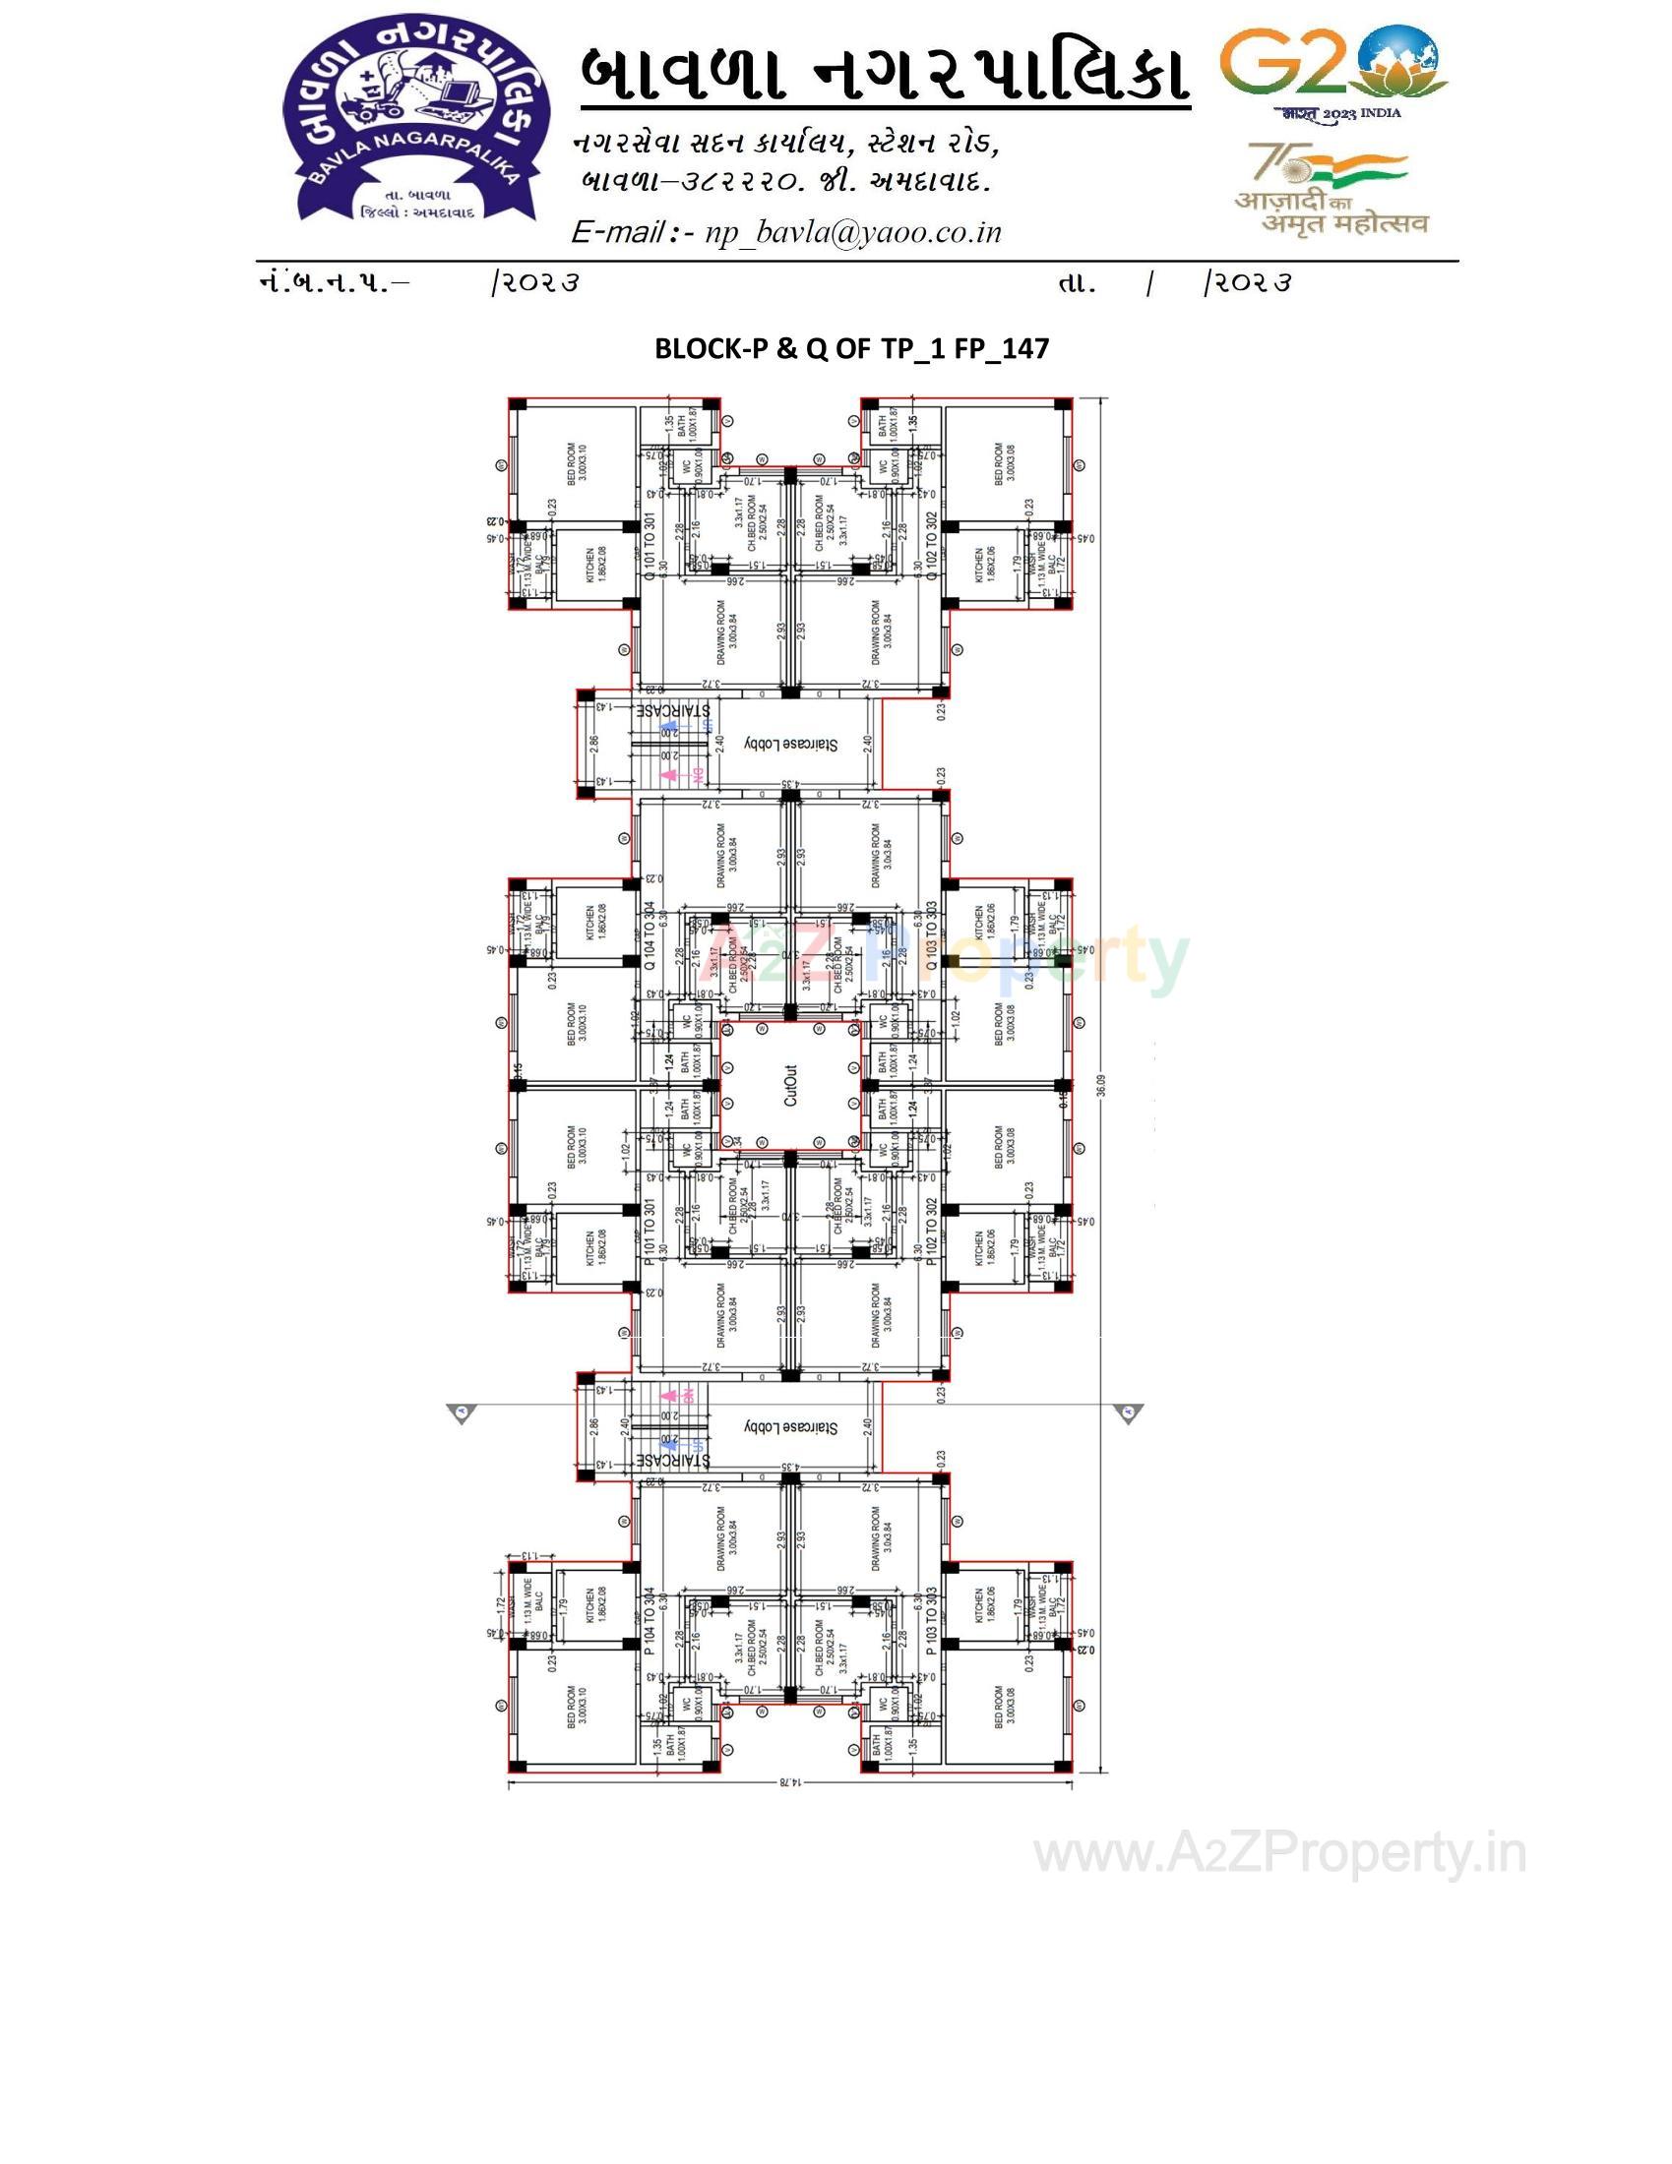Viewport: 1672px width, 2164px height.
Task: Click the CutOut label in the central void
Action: [790, 1085]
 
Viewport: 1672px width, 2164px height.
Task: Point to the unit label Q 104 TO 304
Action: [650, 935]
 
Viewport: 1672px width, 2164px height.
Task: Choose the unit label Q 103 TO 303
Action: [931, 935]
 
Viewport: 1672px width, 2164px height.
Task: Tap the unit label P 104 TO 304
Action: [650, 1621]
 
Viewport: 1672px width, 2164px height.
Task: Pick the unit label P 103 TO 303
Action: [931, 1621]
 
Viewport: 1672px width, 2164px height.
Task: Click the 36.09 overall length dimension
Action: [1101, 1085]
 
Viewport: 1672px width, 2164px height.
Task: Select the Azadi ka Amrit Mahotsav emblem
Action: [1329, 188]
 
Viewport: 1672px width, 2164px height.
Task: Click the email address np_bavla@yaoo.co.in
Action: [852, 232]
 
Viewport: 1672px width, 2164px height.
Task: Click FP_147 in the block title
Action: [1001, 349]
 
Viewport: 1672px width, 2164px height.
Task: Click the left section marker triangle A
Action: [462, 1412]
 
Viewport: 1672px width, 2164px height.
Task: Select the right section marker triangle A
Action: [1128, 1412]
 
